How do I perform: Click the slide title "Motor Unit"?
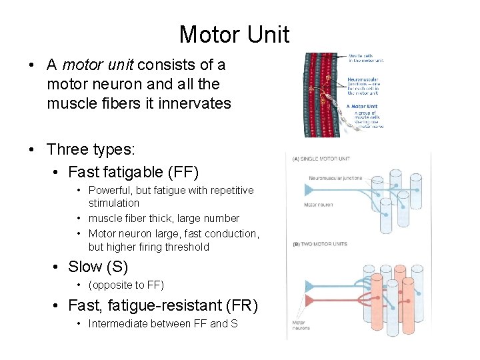click(x=234, y=34)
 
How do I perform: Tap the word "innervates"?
click(x=199, y=103)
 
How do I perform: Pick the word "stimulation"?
click(x=114, y=203)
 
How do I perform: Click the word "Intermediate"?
click(x=116, y=324)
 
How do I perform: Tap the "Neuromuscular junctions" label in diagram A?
click(x=335, y=178)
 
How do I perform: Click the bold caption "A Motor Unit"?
click(x=363, y=106)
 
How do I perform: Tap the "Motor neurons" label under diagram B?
click(x=302, y=325)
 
